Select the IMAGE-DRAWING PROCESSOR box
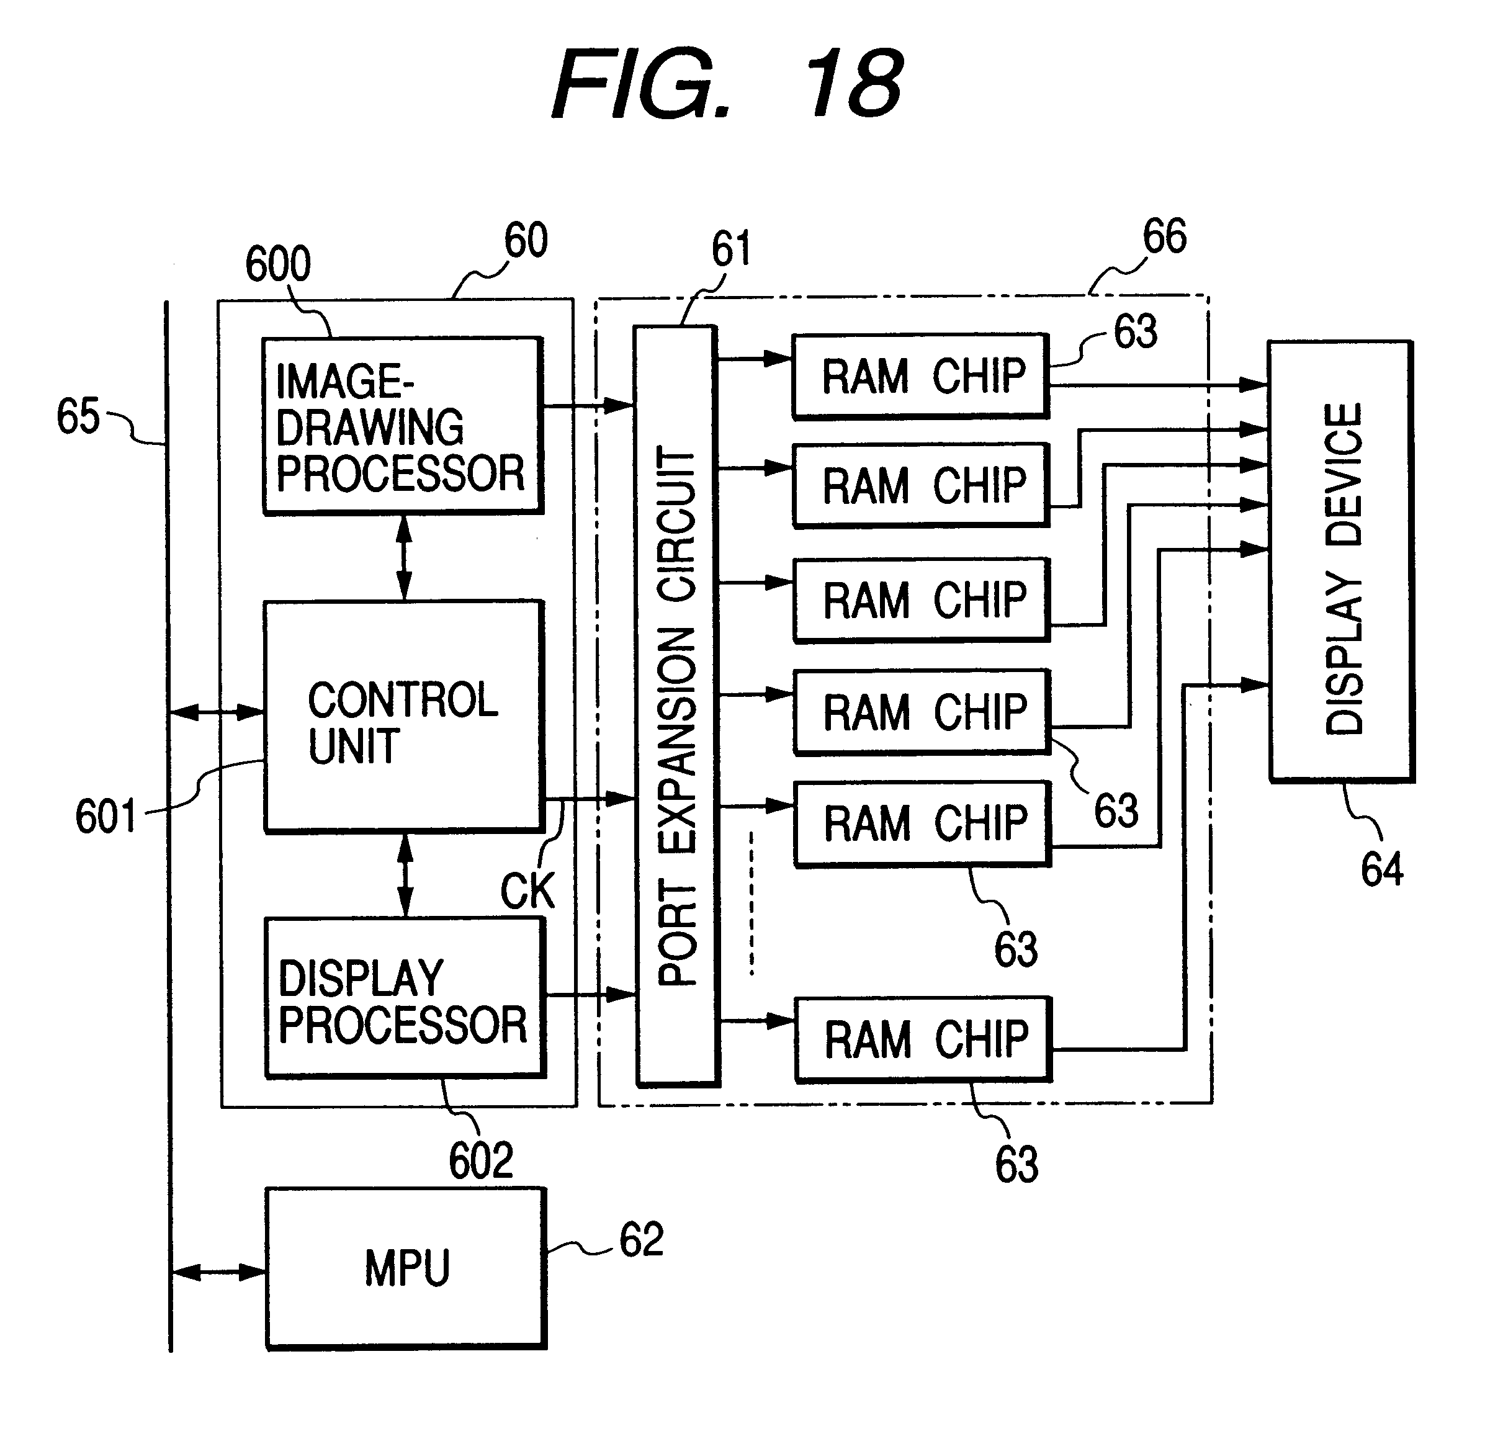(x=403, y=426)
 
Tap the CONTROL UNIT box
(x=403, y=716)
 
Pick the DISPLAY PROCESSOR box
(x=405, y=998)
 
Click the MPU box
(x=406, y=1269)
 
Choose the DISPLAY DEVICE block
(x=1341, y=560)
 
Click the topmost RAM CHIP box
(x=921, y=376)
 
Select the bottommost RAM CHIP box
(x=924, y=1039)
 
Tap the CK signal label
(x=527, y=891)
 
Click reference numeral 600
(x=277, y=264)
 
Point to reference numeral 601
(x=106, y=816)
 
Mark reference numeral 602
(x=481, y=1160)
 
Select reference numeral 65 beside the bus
(x=78, y=416)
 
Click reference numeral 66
(x=1164, y=236)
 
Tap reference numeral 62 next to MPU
(x=641, y=1240)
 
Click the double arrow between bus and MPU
(x=218, y=1273)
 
